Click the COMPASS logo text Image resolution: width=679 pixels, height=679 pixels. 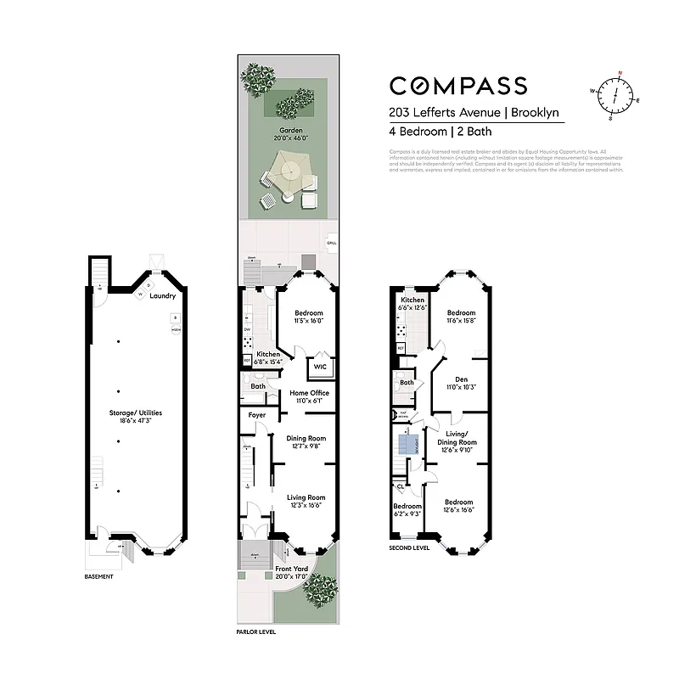(457, 86)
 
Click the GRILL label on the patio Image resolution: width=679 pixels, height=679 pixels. (330, 244)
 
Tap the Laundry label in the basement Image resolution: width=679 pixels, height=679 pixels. (162, 296)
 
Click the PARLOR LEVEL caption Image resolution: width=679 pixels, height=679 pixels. (256, 632)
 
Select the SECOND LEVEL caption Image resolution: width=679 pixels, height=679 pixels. (410, 547)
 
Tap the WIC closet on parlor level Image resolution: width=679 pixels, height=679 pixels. (320, 367)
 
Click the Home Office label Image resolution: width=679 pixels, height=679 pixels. (309, 393)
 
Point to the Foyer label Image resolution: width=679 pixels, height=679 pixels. (256, 415)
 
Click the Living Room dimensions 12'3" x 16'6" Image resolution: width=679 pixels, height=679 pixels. (306, 506)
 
